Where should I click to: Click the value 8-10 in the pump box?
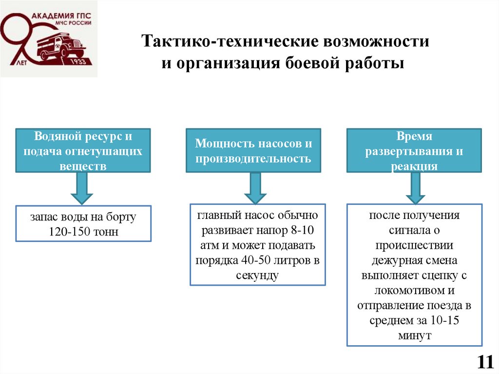tap(305, 230)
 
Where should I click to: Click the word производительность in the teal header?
tap(253, 159)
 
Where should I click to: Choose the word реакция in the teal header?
tap(414, 166)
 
